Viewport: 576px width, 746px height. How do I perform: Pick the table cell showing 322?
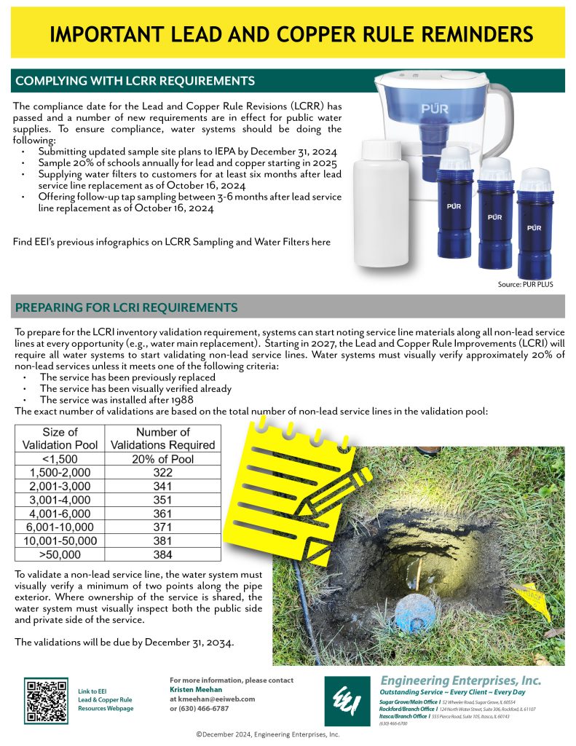(x=163, y=472)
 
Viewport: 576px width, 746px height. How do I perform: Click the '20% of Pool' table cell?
(x=163, y=459)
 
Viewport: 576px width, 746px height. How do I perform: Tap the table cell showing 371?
(x=163, y=527)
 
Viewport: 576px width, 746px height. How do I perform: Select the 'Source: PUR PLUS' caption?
(x=526, y=284)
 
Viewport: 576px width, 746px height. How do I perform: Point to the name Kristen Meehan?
(x=194, y=689)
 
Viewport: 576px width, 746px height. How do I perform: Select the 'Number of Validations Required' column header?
(x=163, y=438)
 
